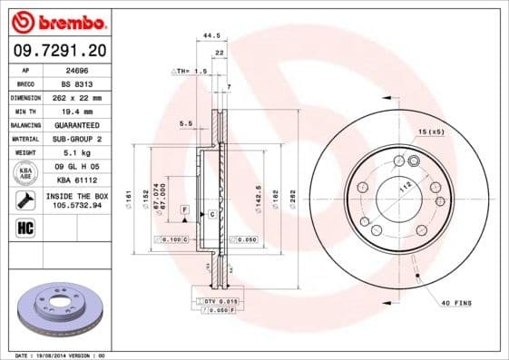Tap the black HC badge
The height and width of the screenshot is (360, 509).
tap(26, 227)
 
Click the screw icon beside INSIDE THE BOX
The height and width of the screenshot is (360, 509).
tap(26, 199)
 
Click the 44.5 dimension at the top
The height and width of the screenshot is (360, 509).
tap(211, 35)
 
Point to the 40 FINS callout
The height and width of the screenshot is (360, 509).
tap(457, 302)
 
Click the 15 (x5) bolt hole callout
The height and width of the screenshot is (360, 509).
tap(431, 133)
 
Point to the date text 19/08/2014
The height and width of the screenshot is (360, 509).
tap(60, 355)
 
